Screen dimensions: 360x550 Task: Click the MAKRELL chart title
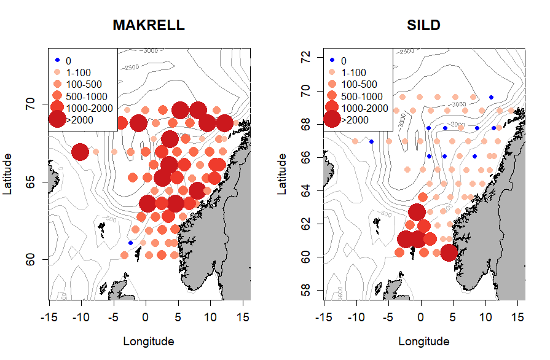pyautogui.click(x=149, y=26)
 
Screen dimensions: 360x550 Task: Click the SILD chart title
pyautogui.click(x=423, y=26)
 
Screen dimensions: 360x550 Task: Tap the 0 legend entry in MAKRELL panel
pyautogui.click(x=69, y=61)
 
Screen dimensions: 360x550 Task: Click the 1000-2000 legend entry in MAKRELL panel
pyautogui.click(x=87, y=108)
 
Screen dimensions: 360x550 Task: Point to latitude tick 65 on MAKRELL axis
pyautogui.click(x=34, y=182)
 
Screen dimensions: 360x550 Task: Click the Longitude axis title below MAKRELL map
pyautogui.click(x=149, y=342)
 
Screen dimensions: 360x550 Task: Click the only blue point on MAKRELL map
pyautogui.click(x=130, y=243)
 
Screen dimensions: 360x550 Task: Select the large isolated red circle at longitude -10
pyautogui.click(x=80, y=151)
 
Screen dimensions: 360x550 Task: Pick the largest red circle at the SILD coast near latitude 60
pyautogui.click(x=449, y=252)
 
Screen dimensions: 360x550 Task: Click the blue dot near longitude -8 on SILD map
pyautogui.click(x=371, y=142)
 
